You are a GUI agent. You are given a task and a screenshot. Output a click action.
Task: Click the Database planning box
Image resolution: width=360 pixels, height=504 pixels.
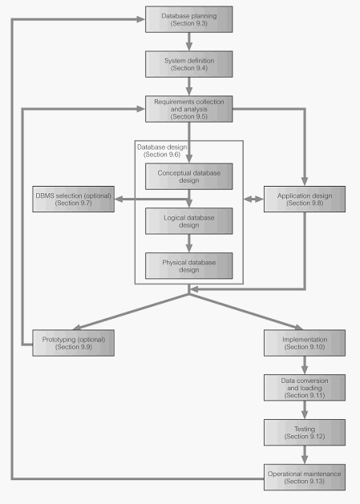coord(189,19)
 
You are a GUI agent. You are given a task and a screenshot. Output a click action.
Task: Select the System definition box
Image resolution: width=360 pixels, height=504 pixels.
coord(189,64)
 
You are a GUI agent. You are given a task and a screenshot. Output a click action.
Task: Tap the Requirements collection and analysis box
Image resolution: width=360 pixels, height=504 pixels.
coord(189,109)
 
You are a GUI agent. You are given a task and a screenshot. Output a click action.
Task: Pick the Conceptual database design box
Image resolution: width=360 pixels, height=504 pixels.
coord(189,176)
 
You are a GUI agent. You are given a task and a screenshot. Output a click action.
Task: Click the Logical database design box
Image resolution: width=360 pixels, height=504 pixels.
coord(189,221)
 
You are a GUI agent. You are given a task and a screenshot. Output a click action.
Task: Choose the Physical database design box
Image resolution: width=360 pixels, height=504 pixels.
coord(189,266)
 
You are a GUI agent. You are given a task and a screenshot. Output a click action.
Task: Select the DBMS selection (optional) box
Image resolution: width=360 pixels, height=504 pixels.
coord(73,199)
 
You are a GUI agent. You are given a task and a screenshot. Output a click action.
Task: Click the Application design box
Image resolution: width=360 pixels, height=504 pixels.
coord(305,199)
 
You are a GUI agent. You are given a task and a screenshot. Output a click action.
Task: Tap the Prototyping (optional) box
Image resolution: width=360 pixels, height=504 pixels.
coord(73,343)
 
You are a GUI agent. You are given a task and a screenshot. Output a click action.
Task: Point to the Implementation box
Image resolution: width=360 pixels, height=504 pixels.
coord(305,343)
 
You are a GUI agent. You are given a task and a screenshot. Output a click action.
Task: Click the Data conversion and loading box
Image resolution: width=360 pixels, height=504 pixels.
coord(305,388)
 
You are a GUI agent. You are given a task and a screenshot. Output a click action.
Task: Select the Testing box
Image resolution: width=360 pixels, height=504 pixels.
coord(305,433)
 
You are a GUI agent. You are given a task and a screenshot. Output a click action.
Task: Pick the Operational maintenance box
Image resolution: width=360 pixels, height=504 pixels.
coord(305,478)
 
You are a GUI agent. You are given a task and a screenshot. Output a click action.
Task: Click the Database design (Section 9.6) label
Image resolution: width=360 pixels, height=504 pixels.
coord(162,151)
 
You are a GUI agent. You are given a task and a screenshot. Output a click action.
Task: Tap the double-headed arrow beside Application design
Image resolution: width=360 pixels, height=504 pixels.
coord(253,200)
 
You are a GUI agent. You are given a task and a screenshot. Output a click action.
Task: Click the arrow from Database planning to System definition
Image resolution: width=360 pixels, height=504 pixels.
coord(189,42)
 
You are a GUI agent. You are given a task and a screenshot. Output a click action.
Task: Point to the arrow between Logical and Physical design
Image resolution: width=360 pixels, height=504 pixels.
coord(189,244)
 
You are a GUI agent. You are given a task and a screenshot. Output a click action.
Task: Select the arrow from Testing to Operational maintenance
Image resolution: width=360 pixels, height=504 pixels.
coord(305,455)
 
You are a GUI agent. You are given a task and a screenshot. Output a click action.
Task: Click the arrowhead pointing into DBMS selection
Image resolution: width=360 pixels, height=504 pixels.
coord(119,200)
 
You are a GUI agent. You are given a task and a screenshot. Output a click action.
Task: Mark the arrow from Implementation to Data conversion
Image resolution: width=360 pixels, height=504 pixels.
coord(305,365)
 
